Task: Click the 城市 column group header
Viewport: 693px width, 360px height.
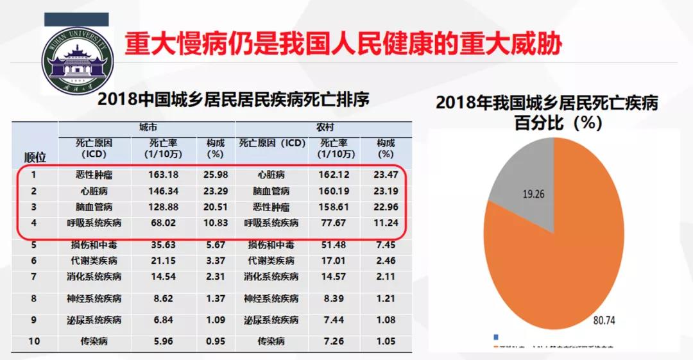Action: [x=149, y=128]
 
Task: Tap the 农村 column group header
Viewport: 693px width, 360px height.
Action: [x=325, y=128]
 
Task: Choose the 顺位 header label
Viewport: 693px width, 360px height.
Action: [x=35, y=156]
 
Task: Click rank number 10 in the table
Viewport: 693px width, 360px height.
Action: [x=34, y=341]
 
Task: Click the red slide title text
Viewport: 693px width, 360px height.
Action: [x=343, y=44]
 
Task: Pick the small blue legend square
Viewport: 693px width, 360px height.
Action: [x=495, y=337]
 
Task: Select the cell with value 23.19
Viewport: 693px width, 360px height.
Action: [x=386, y=191]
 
